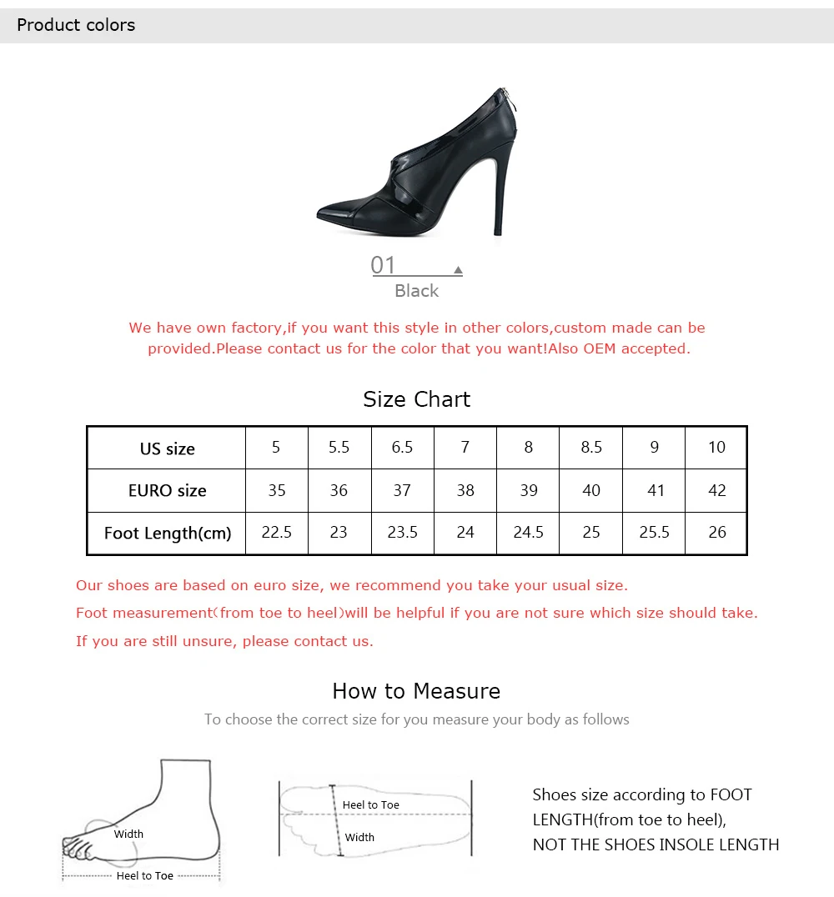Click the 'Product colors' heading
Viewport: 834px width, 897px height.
coord(76,25)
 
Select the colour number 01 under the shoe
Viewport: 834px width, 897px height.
coord(383,265)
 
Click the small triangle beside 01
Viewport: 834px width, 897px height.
coord(458,269)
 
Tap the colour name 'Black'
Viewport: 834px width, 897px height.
coord(417,291)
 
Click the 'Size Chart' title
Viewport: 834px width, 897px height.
coord(417,398)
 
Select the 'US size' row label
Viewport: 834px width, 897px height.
coord(167,448)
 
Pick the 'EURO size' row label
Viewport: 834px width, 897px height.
coord(167,490)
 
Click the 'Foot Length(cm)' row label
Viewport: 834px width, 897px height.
coord(167,534)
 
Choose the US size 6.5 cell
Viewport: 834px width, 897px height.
coord(402,448)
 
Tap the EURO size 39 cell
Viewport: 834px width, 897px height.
coord(528,490)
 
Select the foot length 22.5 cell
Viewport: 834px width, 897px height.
coord(277,533)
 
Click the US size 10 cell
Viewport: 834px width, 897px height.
coord(716,448)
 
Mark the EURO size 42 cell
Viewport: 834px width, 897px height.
coord(716,490)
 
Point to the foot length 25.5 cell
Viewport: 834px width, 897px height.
coord(654,533)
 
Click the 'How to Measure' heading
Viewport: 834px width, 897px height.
coord(417,691)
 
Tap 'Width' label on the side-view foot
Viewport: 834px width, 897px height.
coord(128,834)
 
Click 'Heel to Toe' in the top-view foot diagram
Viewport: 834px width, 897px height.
coord(371,805)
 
